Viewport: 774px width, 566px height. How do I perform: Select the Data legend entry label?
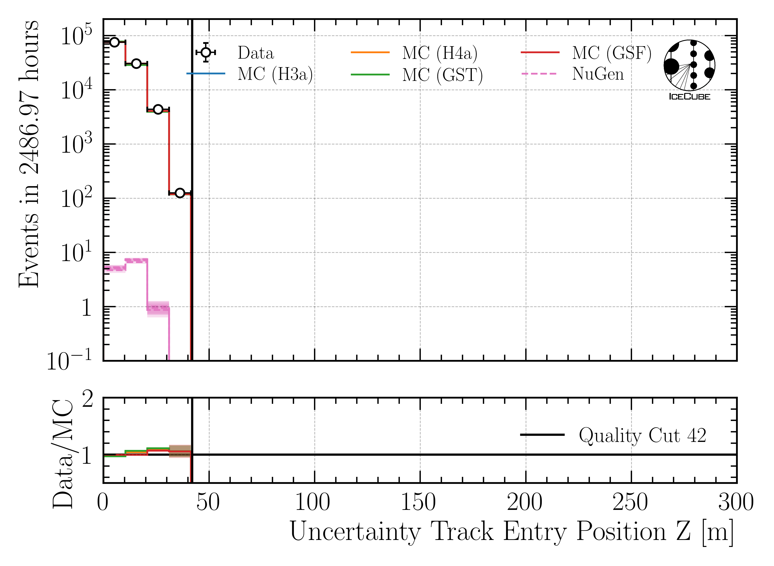pos(256,53)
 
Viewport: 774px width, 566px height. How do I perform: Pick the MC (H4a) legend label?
pos(440,53)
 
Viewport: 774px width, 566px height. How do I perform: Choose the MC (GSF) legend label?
pos(611,53)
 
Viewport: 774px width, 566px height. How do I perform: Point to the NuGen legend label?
pos(598,74)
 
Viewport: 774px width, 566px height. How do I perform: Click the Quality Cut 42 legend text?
pos(642,436)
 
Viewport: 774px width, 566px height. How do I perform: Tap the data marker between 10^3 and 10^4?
pos(158,109)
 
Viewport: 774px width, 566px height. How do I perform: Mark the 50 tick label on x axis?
pos(208,502)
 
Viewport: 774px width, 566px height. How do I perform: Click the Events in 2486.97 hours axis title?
pos(29,154)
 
